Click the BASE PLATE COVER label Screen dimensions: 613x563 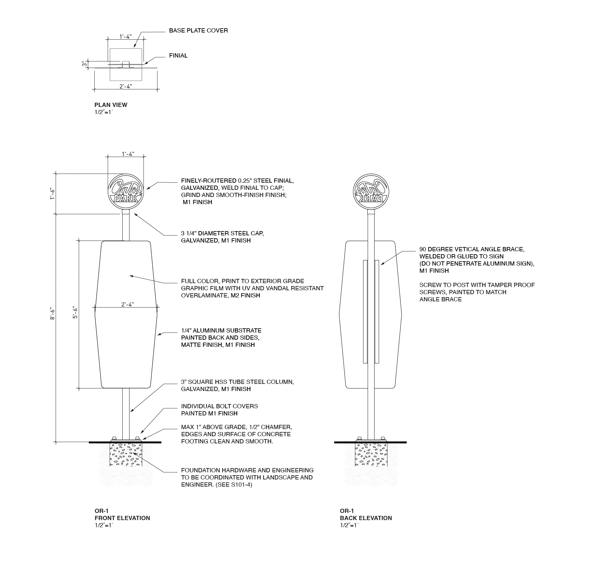click(198, 31)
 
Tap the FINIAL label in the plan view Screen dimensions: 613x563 click(178, 56)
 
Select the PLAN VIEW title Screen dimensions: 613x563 click(111, 105)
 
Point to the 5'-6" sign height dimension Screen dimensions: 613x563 click(75, 312)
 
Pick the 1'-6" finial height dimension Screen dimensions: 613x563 click(52, 194)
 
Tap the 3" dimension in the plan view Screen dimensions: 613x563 click(85, 64)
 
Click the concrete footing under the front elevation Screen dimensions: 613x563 click(126, 455)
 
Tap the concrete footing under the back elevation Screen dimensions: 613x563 click(371, 455)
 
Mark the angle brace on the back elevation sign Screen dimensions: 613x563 click(371, 311)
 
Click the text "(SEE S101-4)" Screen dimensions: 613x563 click(234, 485)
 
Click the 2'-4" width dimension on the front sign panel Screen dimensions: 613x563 click(128, 304)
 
